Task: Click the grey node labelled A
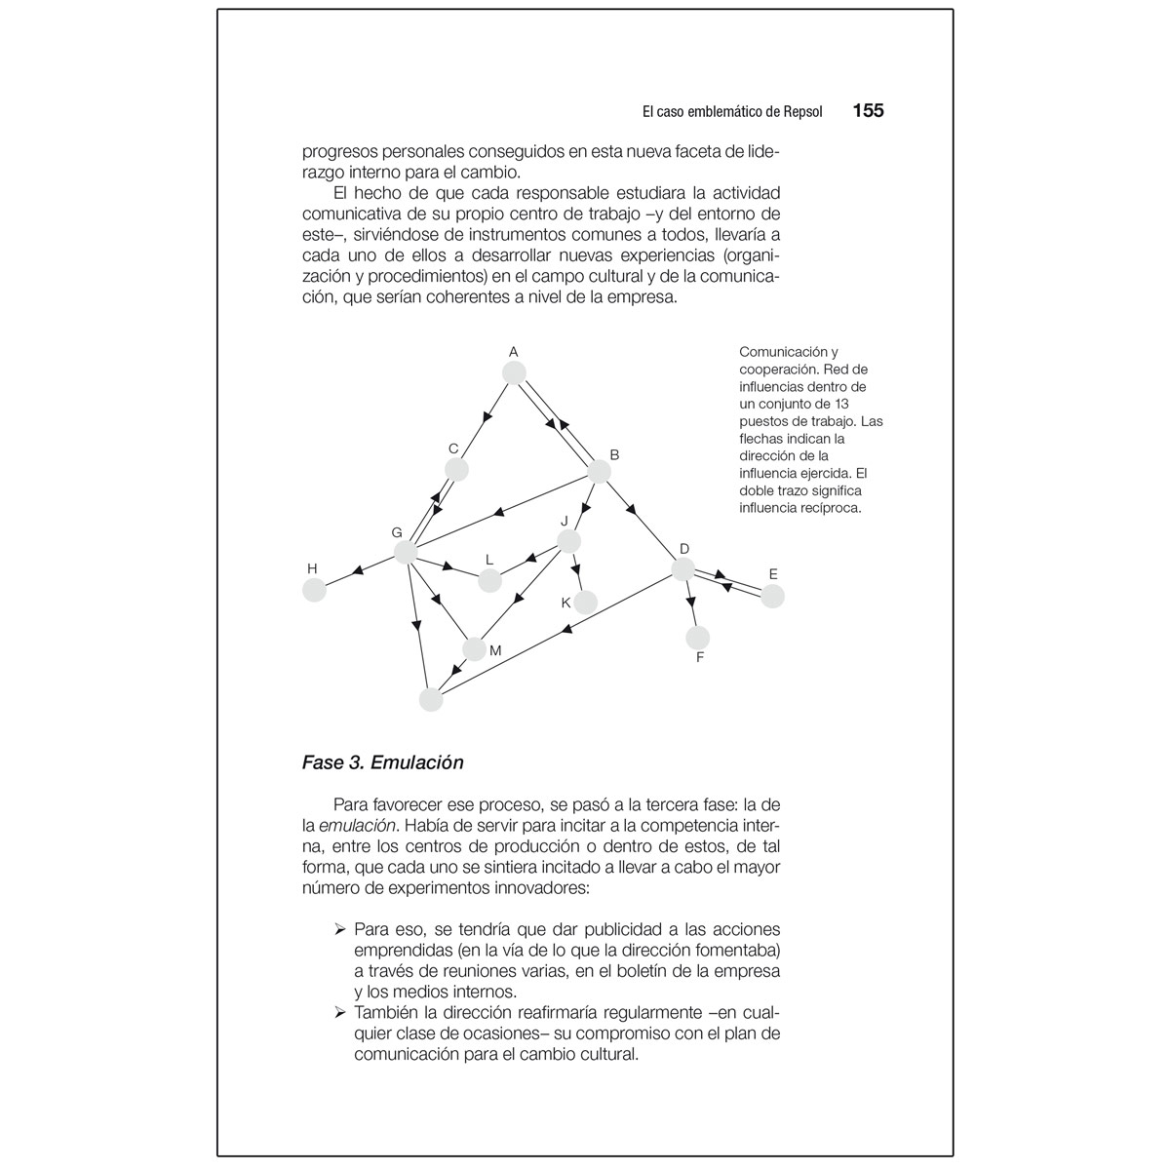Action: coord(514,372)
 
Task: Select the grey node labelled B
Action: coord(599,472)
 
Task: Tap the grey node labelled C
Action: coord(456,469)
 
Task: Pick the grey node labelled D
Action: coord(683,569)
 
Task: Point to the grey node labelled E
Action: coord(772,596)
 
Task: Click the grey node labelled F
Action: coord(698,638)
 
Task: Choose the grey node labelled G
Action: coord(406,553)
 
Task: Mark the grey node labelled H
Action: coord(314,590)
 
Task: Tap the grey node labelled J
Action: coord(569,541)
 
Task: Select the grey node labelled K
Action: coord(585,603)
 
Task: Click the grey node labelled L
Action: coord(489,581)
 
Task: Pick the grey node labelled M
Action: coord(475,648)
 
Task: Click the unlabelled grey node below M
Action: coord(430,699)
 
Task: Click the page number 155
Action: coord(868,111)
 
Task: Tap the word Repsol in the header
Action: coord(802,112)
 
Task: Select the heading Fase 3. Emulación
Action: coord(382,762)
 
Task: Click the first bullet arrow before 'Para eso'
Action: coord(340,929)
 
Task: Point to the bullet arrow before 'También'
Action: coord(340,1011)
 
